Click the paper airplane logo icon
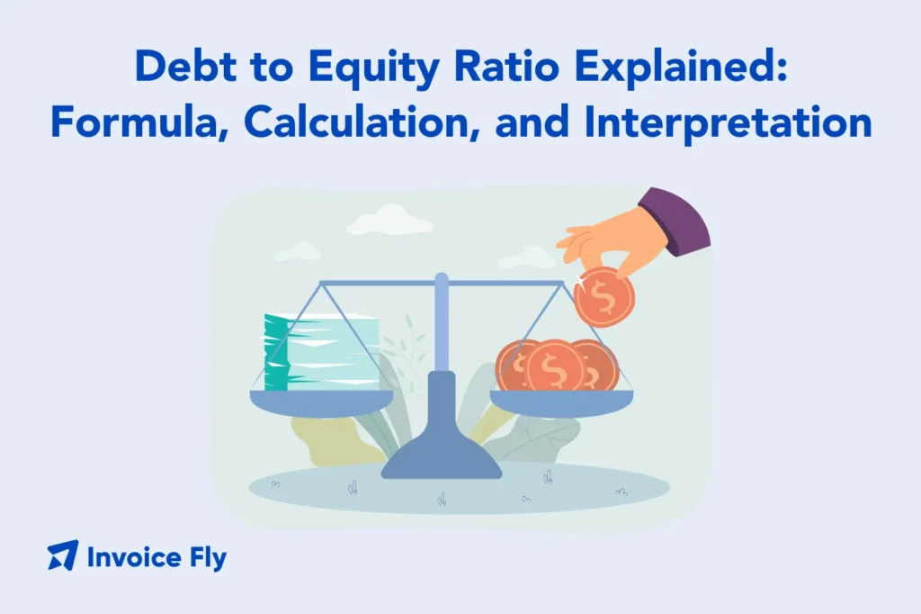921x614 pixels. (x=63, y=555)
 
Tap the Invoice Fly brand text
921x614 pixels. (x=156, y=557)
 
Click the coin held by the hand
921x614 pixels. (x=604, y=297)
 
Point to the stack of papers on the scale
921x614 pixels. (x=321, y=352)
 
